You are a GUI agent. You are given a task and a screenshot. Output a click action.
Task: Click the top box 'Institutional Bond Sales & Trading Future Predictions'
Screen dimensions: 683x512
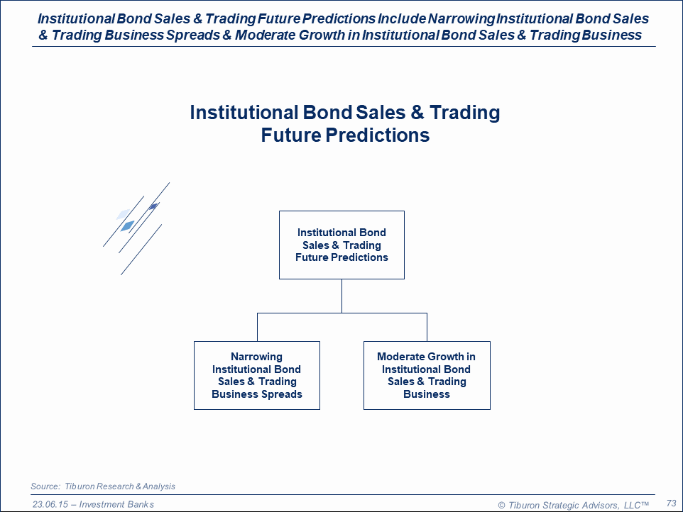(x=341, y=245)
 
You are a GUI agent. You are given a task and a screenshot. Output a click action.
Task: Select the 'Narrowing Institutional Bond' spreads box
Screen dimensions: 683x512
(x=257, y=375)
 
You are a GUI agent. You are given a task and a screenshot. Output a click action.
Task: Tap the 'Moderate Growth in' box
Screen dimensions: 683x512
(x=427, y=375)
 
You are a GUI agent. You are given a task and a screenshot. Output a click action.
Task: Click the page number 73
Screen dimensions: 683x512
(x=671, y=503)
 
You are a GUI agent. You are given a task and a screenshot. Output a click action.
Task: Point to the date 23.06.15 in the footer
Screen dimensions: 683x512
(x=50, y=504)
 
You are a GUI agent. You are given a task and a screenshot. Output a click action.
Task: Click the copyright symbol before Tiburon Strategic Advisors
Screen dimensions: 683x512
(x=501, y=505)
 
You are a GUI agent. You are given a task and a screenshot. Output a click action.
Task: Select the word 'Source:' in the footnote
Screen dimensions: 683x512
(x=45, y=486)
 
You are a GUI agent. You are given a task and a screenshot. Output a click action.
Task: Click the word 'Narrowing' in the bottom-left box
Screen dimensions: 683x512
(x=256, y=357)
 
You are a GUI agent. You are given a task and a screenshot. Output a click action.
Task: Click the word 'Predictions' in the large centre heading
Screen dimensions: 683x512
(x=377, y=135)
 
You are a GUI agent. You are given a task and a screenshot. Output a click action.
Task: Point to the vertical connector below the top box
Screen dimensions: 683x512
(x=342, y=296)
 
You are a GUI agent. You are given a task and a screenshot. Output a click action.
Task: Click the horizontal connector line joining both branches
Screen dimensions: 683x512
(x=342, y=313)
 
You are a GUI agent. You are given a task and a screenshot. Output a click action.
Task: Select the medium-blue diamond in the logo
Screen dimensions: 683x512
(x=127, y=226)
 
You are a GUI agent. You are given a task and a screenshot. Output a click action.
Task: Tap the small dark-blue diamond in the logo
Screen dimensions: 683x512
(x=153, y=206)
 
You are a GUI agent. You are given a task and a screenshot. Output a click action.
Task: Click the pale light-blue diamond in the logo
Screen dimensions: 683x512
(x=124, y=214)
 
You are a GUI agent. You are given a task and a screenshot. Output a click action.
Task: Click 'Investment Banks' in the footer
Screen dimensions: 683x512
(x=116, y=504)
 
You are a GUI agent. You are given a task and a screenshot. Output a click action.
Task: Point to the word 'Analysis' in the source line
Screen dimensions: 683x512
(x=159, y=486)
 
